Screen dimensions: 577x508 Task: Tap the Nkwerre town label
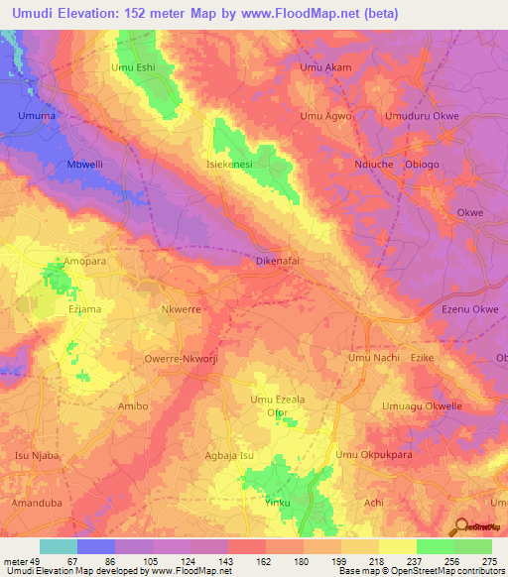181,308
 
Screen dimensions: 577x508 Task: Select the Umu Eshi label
134,67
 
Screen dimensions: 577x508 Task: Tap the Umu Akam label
325,67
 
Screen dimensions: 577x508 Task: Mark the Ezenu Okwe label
469,310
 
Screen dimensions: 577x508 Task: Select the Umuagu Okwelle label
423,406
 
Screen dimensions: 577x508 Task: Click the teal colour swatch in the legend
59,546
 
